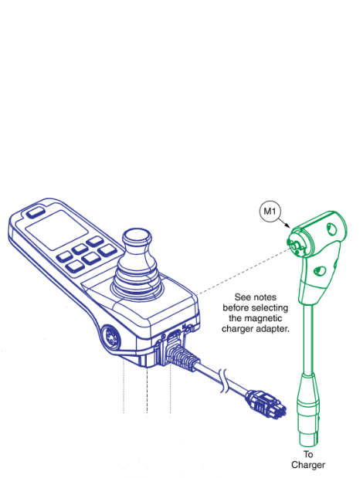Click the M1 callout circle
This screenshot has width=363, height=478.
[270, 211]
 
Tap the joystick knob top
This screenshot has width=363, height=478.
[137, 236]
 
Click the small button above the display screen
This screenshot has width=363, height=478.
[36, 212]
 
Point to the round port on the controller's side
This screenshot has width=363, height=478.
[110, 337]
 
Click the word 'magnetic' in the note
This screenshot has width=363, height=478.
[256, 318]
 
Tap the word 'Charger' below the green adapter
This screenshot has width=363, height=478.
[308, 465]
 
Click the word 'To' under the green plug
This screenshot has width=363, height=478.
[308, 454]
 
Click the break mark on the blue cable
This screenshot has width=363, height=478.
[224, 380]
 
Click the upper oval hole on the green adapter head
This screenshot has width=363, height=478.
[331, 229]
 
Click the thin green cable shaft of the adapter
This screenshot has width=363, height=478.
[307, 338]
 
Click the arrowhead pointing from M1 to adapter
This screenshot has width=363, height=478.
[287, 225]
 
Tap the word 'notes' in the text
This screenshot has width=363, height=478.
[265, 297]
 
